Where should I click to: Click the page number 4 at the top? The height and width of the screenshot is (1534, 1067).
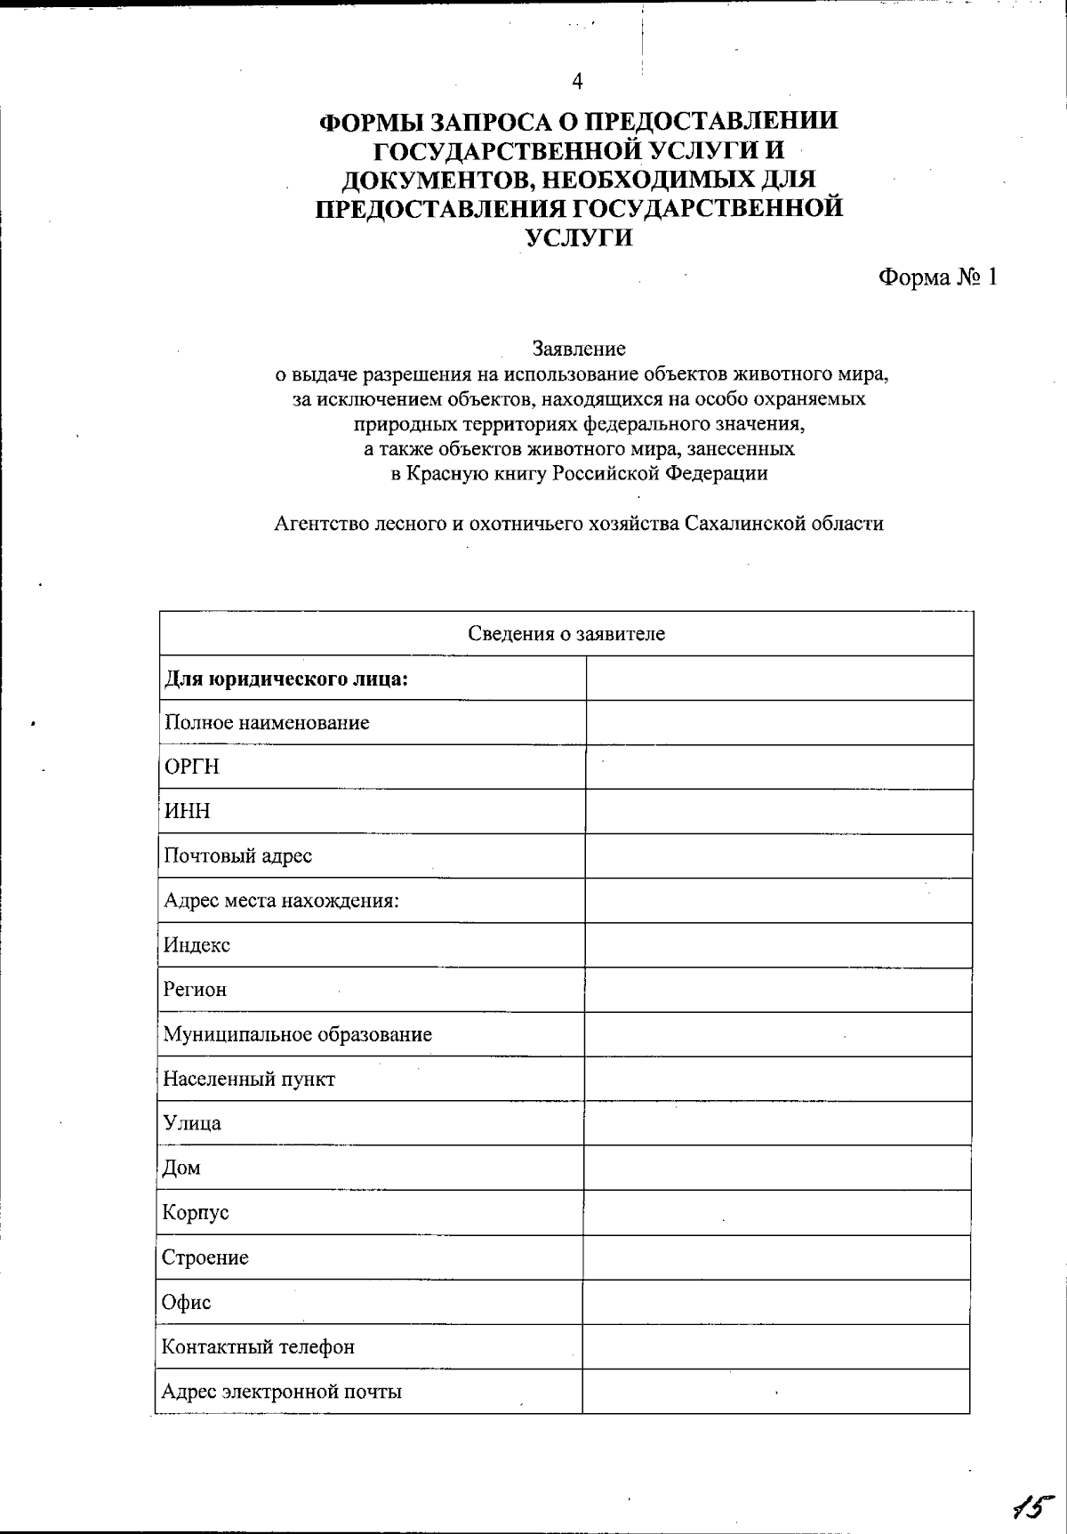[x=578, y=82]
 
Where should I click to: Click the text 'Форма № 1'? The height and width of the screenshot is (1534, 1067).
[x=937, y=277]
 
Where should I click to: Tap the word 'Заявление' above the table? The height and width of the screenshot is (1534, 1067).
[x=579, y=349]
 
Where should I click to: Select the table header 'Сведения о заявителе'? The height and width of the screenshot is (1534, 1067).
[x=566, y=634]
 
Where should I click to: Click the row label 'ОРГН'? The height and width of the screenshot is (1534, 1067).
[x=191, y=767]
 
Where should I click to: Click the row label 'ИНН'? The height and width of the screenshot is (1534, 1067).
[x=187, y=811]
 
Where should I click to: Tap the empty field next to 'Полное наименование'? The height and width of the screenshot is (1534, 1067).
[x=779, y=722]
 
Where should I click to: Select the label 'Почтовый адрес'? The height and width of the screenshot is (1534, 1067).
[x=237, y=855]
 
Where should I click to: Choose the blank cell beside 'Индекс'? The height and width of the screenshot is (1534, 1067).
[x=778, y=944]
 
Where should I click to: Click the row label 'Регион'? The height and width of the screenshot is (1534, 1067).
[x=195, y=990]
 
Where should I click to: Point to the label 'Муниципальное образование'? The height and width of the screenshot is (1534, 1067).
[x=297, y=1034]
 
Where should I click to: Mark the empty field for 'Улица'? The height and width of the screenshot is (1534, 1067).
[x=777, y=1123]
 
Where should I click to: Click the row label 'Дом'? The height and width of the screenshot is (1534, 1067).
[x=181, y=1169]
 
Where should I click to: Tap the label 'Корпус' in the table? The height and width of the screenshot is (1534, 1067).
[x=196, y=1213]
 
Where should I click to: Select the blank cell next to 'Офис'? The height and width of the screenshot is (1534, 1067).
[x=776, y=1302]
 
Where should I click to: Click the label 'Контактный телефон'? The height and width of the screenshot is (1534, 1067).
[x=258, y=1346]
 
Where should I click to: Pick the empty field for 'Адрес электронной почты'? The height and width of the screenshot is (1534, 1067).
[x=776, y=1391]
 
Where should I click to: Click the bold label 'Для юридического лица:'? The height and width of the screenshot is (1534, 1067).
[x=286, y=679]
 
